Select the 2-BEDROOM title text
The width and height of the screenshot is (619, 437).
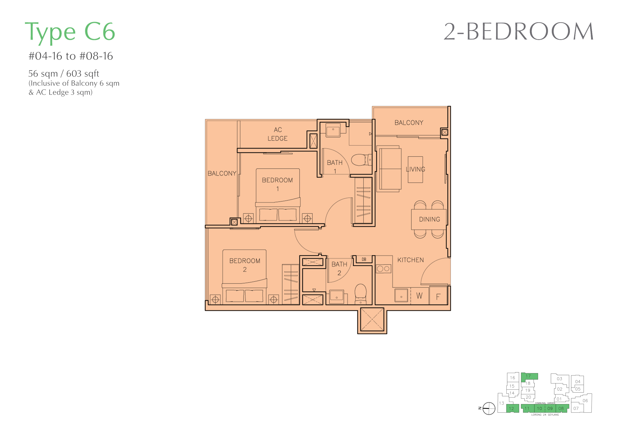[518, 32]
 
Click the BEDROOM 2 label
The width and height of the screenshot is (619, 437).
[245, 265]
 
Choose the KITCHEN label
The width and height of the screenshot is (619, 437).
[411, 260]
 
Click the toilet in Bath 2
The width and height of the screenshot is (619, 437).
[360, 294]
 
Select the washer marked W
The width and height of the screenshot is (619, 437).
[419, 296]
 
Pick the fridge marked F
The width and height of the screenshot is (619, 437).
[438, 296]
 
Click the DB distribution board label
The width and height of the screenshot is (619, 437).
[364, 259]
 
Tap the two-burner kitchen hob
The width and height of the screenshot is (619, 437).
[383, 269]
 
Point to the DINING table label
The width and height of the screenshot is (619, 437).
[429, 219]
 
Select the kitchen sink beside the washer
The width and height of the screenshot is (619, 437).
[401, 296]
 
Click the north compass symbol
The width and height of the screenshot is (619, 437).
[489, 408]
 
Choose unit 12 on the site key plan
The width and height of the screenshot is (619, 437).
[512, 408]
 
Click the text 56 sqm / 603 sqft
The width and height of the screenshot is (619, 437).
[64, 73]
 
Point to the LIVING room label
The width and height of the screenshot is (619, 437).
[415, 169]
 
